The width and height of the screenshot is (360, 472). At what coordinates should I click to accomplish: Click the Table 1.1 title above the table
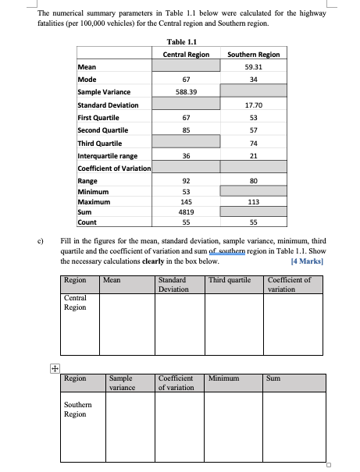[x=180, y=41]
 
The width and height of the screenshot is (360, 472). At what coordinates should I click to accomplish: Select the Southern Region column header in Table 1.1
[x=253, y=54]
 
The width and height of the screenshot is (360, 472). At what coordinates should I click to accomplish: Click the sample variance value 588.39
[x=186, y=92]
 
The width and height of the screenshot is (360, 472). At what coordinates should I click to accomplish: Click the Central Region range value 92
[x=186, y=181]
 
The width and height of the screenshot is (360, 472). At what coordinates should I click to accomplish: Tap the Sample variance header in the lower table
[x=122, y=382]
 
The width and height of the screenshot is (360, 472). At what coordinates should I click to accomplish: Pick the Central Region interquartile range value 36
[x=186, y=155]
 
